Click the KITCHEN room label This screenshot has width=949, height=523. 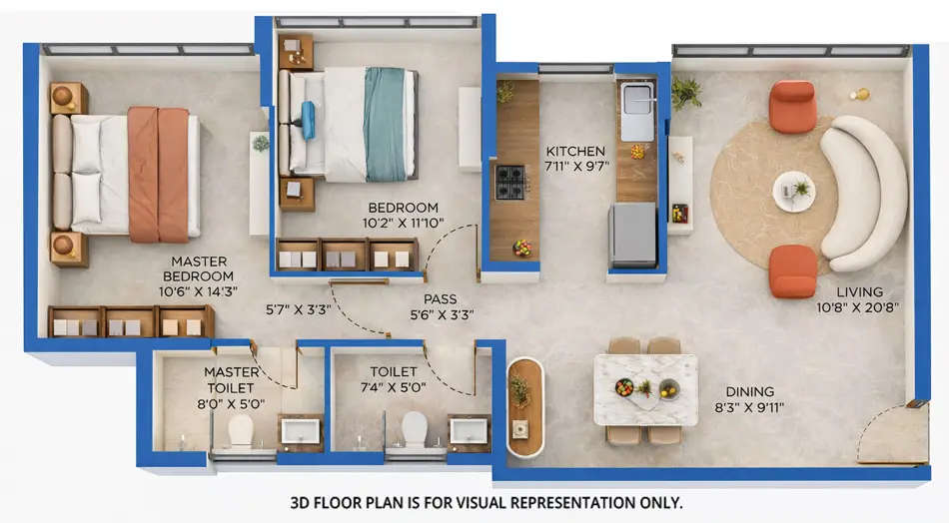[574, 152]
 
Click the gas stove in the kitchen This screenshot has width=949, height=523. [510, 182]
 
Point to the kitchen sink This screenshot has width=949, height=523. [637, 111]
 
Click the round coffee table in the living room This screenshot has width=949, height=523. [794, 190]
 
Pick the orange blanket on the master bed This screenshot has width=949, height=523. [158, 175]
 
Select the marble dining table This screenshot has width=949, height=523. [644, 389]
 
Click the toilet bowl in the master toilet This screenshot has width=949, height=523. [241, 430]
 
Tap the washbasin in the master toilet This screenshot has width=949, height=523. [300, 430]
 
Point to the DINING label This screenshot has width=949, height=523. [751, 392]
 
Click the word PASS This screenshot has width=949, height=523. [440, 298]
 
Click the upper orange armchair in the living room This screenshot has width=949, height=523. [793, 106]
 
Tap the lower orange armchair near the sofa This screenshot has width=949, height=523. [793, 270]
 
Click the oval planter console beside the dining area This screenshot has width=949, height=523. [524, 407]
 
